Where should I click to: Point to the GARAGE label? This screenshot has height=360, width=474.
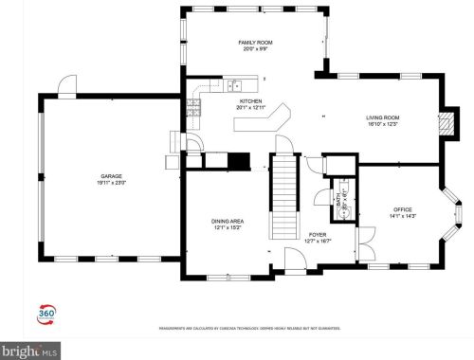(113, 176)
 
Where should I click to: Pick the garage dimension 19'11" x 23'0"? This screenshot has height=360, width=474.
(113, 183)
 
